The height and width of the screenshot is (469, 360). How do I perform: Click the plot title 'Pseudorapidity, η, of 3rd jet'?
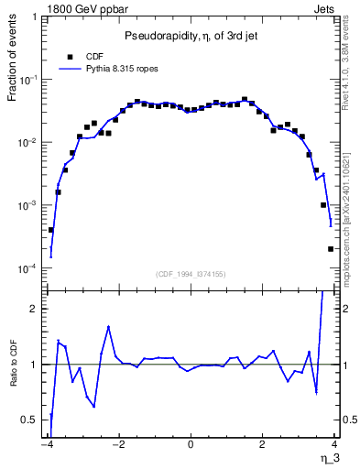[191, 36]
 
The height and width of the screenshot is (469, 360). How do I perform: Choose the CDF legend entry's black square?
[69, 55]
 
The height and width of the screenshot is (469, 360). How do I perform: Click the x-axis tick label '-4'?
[48, 444]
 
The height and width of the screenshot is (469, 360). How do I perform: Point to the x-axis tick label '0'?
[191, 444]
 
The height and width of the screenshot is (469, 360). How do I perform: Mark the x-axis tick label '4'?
[334, 444]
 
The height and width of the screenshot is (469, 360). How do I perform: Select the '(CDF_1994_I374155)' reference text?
[191, 273]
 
